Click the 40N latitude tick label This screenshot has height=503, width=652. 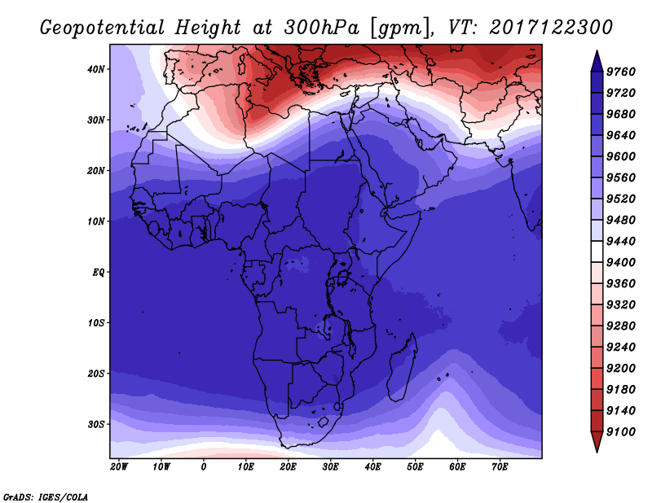click(x=96, y=69)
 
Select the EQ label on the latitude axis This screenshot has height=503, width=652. click(x=98, y=273)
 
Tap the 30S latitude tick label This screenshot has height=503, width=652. click(x=96, y=425)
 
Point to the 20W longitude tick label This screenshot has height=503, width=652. click(x=119, y=467)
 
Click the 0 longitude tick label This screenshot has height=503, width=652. click(x=203, y=467)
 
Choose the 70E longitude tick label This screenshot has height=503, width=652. click(x=500, y=467)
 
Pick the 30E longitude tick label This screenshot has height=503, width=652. click(x=330, y=467)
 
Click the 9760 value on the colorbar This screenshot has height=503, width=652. click(x=621, y=72)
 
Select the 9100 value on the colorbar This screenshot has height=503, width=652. click(x=621, y=432)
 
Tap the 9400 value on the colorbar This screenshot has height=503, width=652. click(x=621, y=263)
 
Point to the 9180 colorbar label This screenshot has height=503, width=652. click(x=621, y=390)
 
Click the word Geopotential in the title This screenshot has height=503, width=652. click(x=103, y=28)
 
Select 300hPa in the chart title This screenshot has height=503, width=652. click(x=321, y=28)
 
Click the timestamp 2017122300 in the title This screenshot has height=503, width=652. click(x=551, y=27)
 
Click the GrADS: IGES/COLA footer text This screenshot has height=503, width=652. click(x=46, y=497)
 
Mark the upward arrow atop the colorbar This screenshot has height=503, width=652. click(x=597, y=61)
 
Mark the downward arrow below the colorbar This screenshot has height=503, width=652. click(x=597, y=442)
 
